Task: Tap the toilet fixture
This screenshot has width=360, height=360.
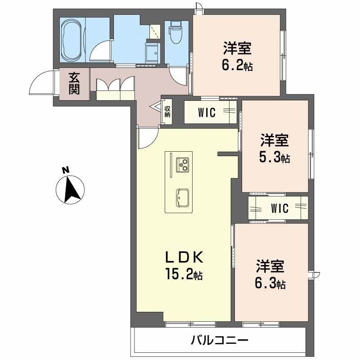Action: (x=175, y=32)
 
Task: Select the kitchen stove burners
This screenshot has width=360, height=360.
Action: (x=183, y=165)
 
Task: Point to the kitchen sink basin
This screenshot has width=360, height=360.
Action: (x=183, y=198)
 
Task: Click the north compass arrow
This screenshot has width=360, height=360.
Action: (x=72, y=189)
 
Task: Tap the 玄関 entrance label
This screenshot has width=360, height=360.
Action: (x=74, y=84)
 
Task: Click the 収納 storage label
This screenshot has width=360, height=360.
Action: (x=167, y=112)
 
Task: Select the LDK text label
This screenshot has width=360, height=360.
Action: (x=184, y=257)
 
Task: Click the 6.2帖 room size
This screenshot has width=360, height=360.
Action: (x=237, y=65)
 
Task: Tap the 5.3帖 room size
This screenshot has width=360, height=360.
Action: (x=274, y=157)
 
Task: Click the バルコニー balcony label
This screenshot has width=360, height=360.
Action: (x=220, y=340)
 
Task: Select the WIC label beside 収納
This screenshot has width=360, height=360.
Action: (x=207, y=112)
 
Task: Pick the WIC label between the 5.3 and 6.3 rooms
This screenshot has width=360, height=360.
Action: (x=279, y=208)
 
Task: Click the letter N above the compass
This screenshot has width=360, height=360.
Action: (x=66, y=170)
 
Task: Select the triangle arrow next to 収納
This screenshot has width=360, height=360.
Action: (x=155, y=107)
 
